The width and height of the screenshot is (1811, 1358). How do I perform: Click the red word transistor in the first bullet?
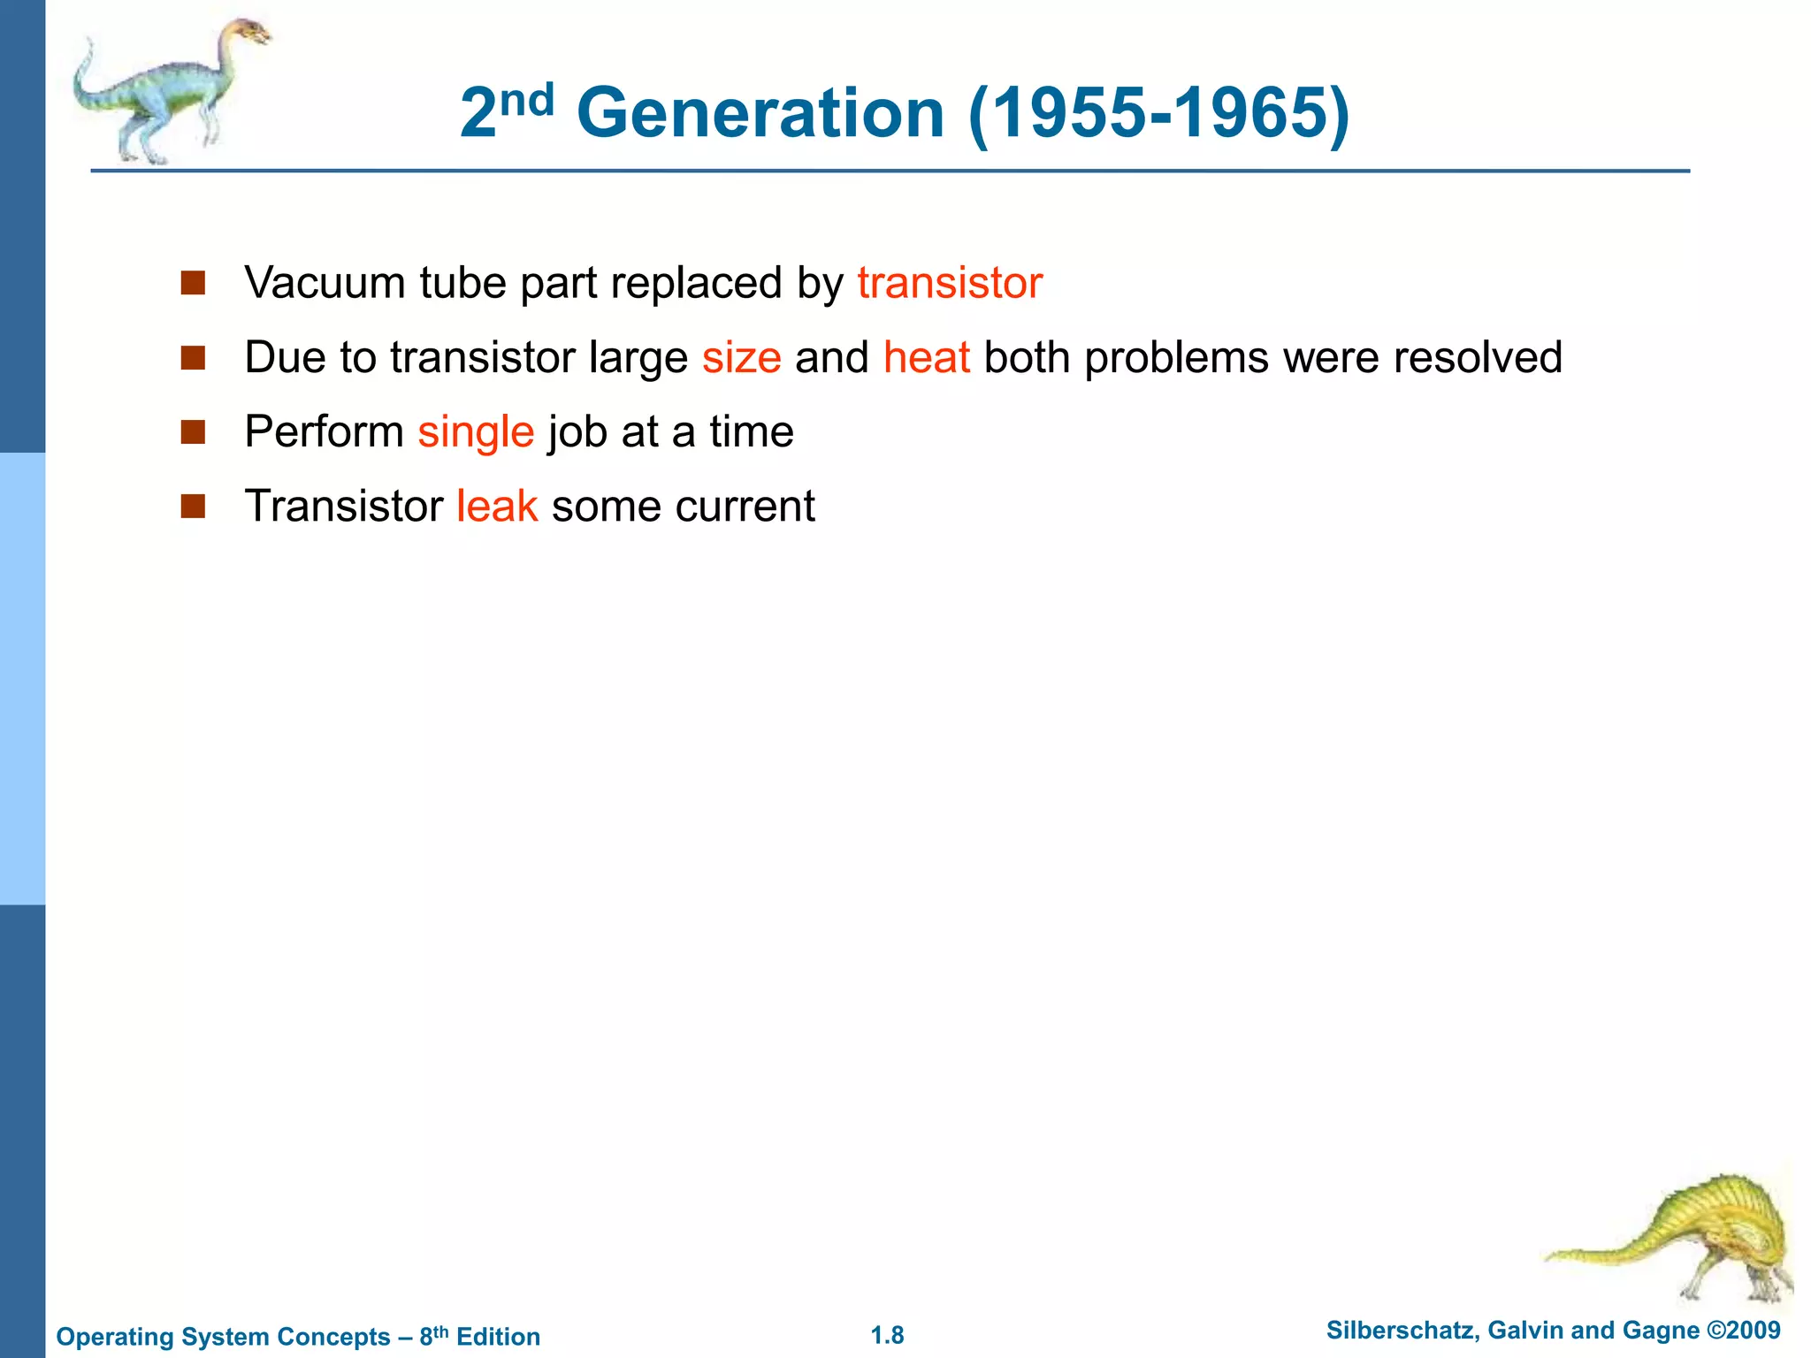[950, 284]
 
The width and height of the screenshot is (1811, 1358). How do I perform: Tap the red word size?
[741, 358]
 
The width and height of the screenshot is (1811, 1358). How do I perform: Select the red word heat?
[926, 358]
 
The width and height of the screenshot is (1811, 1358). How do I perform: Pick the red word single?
[476, 433]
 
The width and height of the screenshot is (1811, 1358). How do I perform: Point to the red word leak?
[497, 507]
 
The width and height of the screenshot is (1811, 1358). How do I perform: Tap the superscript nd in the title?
[527, 99]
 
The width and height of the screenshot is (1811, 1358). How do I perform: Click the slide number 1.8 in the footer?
[887, 1335]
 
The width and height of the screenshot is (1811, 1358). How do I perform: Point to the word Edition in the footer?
[498, 1336]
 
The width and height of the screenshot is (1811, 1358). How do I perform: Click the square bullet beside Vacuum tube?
[193, 283]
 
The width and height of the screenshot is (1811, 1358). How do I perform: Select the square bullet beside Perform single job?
[193, 432]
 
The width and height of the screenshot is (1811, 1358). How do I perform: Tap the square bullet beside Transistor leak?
[193, 507]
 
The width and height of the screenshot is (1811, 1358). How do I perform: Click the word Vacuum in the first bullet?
[325, 284]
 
